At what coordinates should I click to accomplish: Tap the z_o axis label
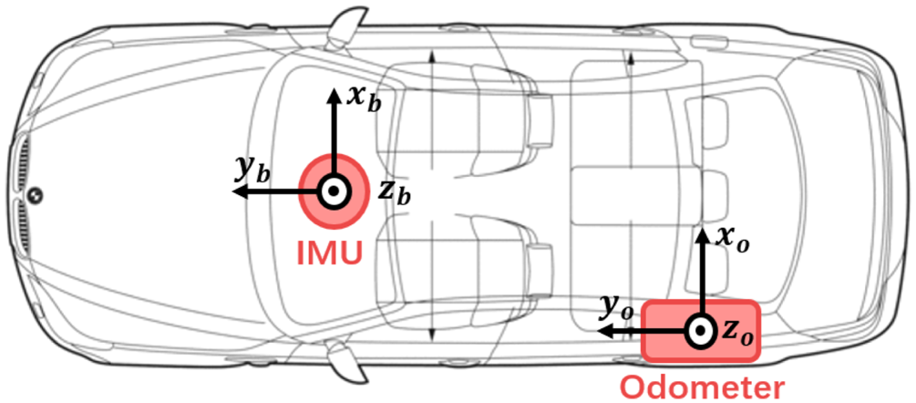[739, 334]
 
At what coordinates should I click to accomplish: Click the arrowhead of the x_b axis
[333, 93]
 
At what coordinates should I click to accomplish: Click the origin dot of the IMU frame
[333, 192]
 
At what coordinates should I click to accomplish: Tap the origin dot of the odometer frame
[701, 331]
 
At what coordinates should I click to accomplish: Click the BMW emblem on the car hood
[34, 194]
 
